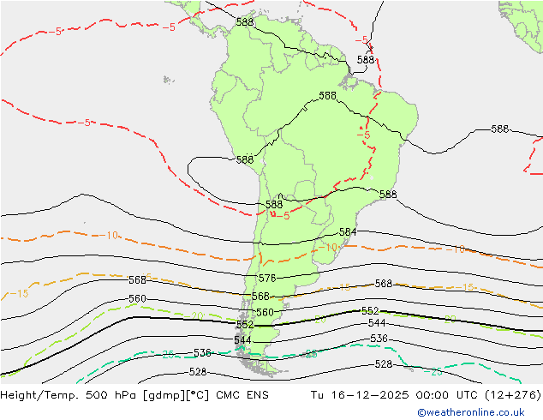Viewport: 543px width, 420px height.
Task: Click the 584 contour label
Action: pyautogui.click(x=348, y=232)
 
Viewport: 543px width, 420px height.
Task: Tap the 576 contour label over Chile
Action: pyautogui.click(x=267, y=279)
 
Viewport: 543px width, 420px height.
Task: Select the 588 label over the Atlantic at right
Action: pyautogui.click(x=499, y=129)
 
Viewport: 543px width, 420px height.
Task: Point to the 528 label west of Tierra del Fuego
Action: pyautogui.click(x=197, y=372)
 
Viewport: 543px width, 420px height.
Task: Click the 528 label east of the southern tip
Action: pyautogui.click(x=384, y=364)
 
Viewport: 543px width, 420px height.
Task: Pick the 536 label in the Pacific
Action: pyautogui.click(x=202, y=353)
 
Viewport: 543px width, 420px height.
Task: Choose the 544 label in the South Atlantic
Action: pyautogui.click(x=377, y=323)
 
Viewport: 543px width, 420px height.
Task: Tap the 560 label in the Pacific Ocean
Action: pyautogui.click(x=137, y=299)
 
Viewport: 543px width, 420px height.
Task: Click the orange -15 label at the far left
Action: pyautogui.click(x=18, y=293)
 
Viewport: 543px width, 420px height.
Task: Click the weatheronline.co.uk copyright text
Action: pyautogui.click(x=477, y=412)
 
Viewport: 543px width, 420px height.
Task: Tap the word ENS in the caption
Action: pyautogui.click(x=257, y=395)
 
